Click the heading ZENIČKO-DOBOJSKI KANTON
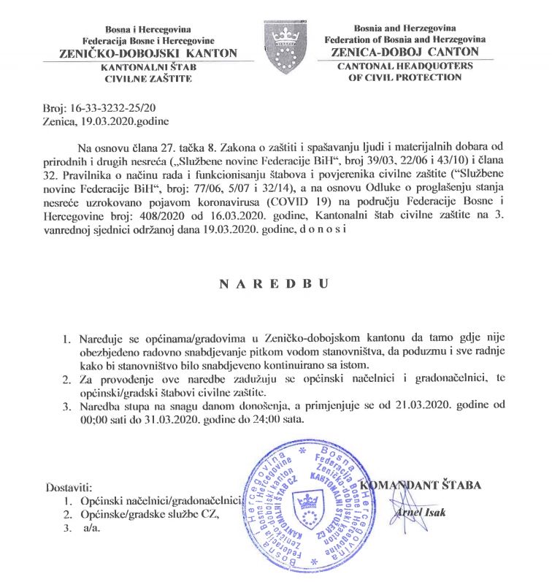tap(139, 53)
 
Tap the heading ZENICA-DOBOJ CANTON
tap(405, 53)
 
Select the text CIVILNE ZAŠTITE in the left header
tap(139, 77)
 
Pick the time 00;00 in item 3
tap(92, 420)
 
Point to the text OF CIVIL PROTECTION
tap(405, 77)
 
